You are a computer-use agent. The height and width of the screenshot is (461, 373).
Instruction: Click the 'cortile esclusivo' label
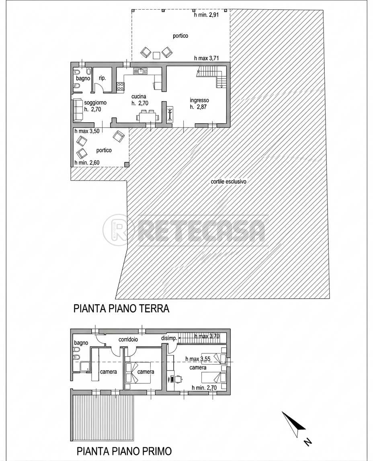pos(228,182)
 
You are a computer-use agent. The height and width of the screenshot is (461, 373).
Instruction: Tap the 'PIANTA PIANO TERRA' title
pos(121,309)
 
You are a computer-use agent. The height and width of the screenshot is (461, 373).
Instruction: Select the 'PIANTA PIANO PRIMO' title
pos(124,451)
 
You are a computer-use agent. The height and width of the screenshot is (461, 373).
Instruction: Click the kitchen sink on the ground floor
pos(141,71)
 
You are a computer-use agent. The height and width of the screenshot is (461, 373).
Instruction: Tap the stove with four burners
pos(121,86)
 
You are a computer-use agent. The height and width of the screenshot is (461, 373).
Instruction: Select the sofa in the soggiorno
pos(78,110)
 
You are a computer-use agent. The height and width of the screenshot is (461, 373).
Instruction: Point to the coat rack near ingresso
pos(170,113)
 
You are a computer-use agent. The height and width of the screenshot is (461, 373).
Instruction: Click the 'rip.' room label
pos(102,78)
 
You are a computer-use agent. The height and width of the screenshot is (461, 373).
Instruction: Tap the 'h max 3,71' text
pos(206,58)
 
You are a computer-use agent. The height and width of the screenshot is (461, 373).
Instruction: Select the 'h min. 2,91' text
pos(206,15)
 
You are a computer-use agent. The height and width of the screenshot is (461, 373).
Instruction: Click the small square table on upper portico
pos(156,55)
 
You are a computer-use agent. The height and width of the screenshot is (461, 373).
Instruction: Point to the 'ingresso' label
pos(199,100)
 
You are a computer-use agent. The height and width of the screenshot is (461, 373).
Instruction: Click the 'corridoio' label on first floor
pos(128,339)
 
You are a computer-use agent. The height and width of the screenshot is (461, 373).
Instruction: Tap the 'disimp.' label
pos(169,338)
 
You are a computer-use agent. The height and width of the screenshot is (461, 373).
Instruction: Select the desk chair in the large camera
pos(178,379)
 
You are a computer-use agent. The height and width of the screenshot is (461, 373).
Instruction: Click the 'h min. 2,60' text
pos(87,163)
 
